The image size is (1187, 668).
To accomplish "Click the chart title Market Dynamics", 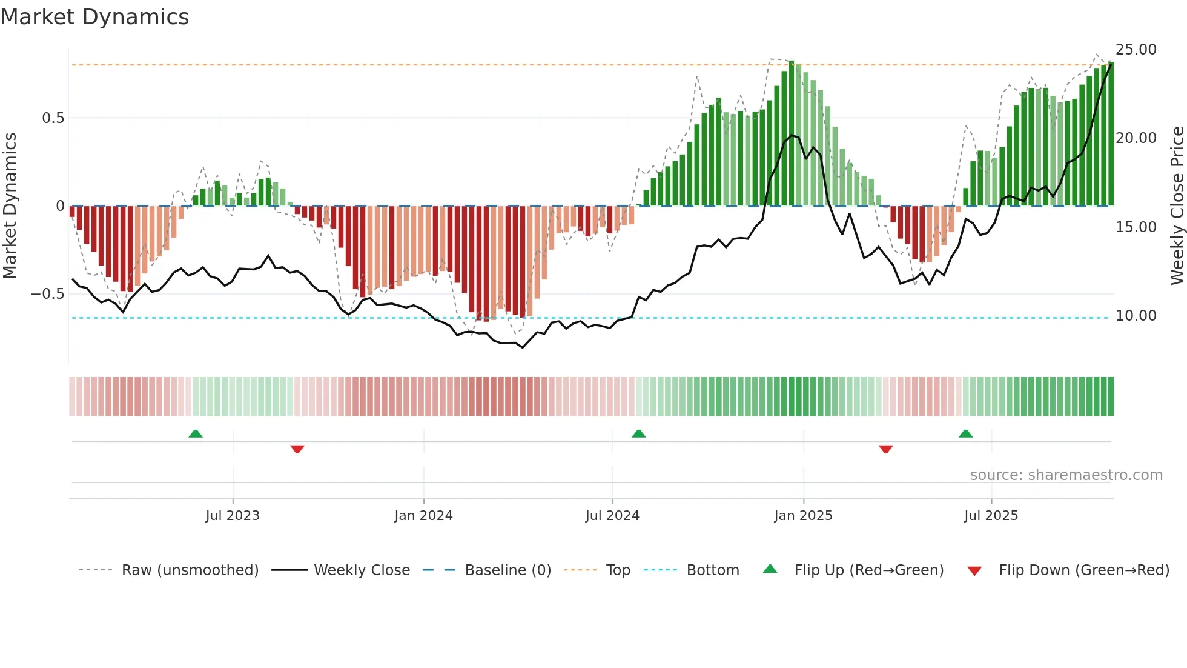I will [95, 17].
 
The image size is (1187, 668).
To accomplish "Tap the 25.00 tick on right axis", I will [1136, 50].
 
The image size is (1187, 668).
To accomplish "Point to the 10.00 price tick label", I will [1136, 316].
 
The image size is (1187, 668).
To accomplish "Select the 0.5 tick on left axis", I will [53, 118].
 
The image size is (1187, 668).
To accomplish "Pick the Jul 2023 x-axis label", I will [233, 516].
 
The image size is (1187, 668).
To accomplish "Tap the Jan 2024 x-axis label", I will [423, 516].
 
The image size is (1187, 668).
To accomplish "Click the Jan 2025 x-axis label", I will [803, 516].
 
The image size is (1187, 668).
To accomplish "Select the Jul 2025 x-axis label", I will [991, 516].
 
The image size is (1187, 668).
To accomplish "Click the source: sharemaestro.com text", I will [1066, 475].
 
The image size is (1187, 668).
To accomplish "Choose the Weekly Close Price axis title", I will [1177, 206].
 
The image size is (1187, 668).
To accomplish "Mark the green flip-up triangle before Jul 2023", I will [196, 434].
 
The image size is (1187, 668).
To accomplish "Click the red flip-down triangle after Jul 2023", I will [297, 449].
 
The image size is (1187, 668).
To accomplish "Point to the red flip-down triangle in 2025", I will [885, 449].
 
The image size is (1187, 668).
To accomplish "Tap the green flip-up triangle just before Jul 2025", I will [965, 434].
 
